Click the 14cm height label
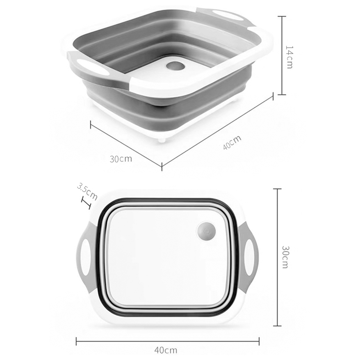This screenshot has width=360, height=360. pyautogui.click(x=289, y=57)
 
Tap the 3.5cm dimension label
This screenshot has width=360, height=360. pyautogui.click(x=87, y=191)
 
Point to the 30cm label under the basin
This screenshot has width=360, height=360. pyautogui.click(x=121, y=159)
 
